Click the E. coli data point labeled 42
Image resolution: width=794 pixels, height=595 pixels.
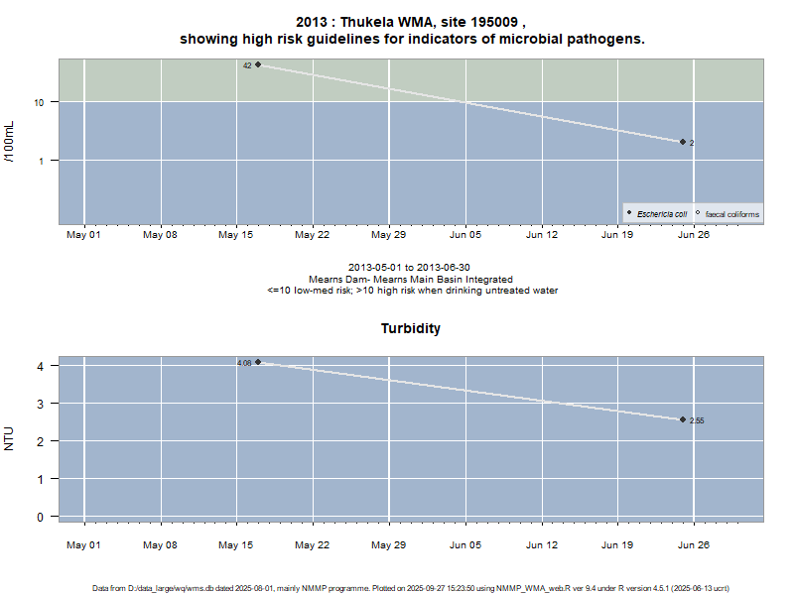click(x=258, y=64)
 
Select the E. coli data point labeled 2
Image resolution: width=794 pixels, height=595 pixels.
click(x=683, y=142)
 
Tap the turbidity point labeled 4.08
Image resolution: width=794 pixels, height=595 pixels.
click(x=258, y=362)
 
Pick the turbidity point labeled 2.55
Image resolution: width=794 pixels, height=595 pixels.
click(x=683, y=419)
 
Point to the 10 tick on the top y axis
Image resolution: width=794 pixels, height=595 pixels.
click(x=43, y=102)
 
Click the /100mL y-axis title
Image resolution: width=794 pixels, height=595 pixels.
click(x=10, y=141)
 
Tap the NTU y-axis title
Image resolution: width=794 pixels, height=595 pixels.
click(x=10, y=437)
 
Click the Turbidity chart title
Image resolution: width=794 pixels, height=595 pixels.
click(x=411, y=328)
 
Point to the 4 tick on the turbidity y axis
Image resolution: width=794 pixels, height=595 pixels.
click(x=41, y=366)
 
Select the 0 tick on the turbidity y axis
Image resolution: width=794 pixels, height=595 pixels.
click(x=41, y=517)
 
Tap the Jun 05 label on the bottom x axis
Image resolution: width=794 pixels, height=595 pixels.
click(x=465, y=544)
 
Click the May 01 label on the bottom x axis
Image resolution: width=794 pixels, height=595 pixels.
click(x=83, y=544)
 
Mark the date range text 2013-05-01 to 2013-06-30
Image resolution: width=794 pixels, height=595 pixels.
click(x=411, y=268)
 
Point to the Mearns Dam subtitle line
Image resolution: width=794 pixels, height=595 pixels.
click(x=411, y=280)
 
